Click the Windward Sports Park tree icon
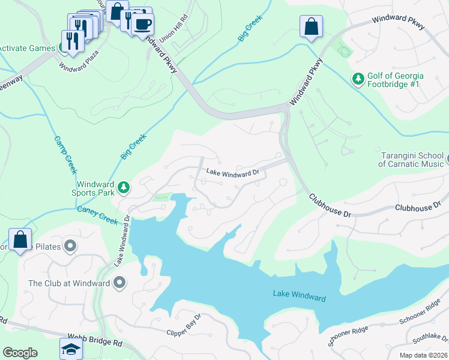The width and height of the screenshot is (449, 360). (124, 188)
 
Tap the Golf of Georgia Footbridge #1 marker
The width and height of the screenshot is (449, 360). (358, 79)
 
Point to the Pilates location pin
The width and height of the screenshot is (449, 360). (70, 246)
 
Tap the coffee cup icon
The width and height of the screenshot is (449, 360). (142, 25)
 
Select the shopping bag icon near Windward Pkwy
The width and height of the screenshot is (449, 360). (311, 27)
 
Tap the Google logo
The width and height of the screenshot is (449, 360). (20, 352)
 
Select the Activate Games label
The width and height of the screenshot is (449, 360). (26, 48)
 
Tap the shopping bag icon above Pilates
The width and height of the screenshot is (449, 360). (20, 239)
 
